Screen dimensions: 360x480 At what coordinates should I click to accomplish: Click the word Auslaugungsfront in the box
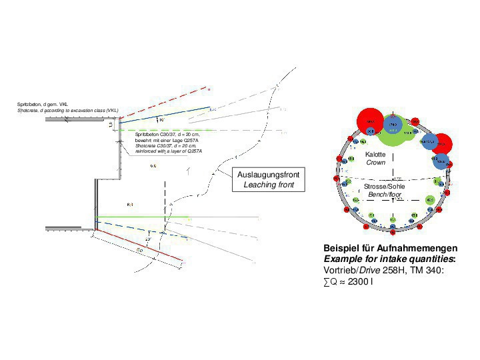269,175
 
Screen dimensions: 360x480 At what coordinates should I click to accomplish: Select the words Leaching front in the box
269,185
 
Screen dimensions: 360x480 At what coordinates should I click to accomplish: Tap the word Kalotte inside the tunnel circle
376,155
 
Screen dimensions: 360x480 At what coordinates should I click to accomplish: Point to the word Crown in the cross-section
376,163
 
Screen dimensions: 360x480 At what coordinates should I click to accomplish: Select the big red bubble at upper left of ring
369,121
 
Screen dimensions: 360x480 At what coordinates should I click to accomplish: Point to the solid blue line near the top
167,115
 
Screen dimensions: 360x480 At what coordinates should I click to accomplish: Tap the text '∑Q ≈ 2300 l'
348,281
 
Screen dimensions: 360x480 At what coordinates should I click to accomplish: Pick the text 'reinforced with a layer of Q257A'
168,151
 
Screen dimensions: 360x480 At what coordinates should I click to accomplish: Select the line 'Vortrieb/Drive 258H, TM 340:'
380,270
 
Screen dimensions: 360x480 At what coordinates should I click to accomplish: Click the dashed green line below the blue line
167,130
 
